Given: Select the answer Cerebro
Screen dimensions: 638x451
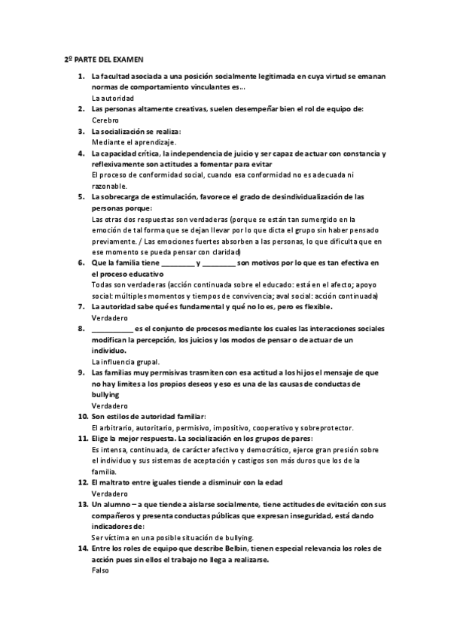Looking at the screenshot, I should (x=105, y=120).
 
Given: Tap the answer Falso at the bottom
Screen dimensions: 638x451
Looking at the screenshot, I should (x=100, y=570).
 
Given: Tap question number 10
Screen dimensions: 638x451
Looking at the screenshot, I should (x=83, y=416).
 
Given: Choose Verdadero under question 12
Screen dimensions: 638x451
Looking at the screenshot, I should (x=109, y=494).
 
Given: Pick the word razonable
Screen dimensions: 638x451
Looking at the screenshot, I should (x=109, y=186).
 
